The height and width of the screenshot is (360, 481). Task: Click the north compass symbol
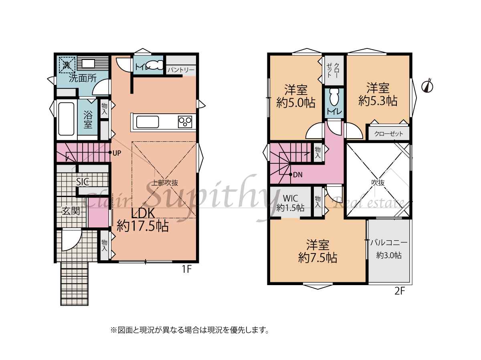click(x=427, y=86)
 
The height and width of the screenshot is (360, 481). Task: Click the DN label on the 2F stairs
click(x=297, y=175)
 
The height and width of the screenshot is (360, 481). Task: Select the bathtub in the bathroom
click(x=66, y=119)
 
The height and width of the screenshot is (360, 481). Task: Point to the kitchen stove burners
click(x=185, y=122)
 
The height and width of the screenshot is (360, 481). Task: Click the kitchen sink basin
click(x=148, y=122)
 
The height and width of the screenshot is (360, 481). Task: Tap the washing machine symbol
click(x=67, y=64)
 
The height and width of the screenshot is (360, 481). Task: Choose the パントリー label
click(x=181, y=70)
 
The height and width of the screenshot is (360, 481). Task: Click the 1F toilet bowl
click(x=155, y=65)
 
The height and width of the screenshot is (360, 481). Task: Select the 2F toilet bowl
click(x=334, y=98)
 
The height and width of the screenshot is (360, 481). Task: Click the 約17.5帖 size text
click(x=143, y=226)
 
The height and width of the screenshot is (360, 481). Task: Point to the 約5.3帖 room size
click(x=378, y=101)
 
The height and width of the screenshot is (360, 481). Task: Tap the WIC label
click(x=291, y=198)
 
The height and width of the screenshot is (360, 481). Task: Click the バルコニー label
click(x=389, y=243)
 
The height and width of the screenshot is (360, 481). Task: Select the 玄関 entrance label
click(x=71, y=211)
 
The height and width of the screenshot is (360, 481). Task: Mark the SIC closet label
click(x=83, y=182)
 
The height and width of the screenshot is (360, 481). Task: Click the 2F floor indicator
click(x=400, y=291)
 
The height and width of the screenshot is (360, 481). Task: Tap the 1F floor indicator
click(x=187, y=269)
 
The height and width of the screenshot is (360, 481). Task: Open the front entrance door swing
click(x=71, y=240)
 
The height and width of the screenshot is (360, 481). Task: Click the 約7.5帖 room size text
click(x=317, y=258)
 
